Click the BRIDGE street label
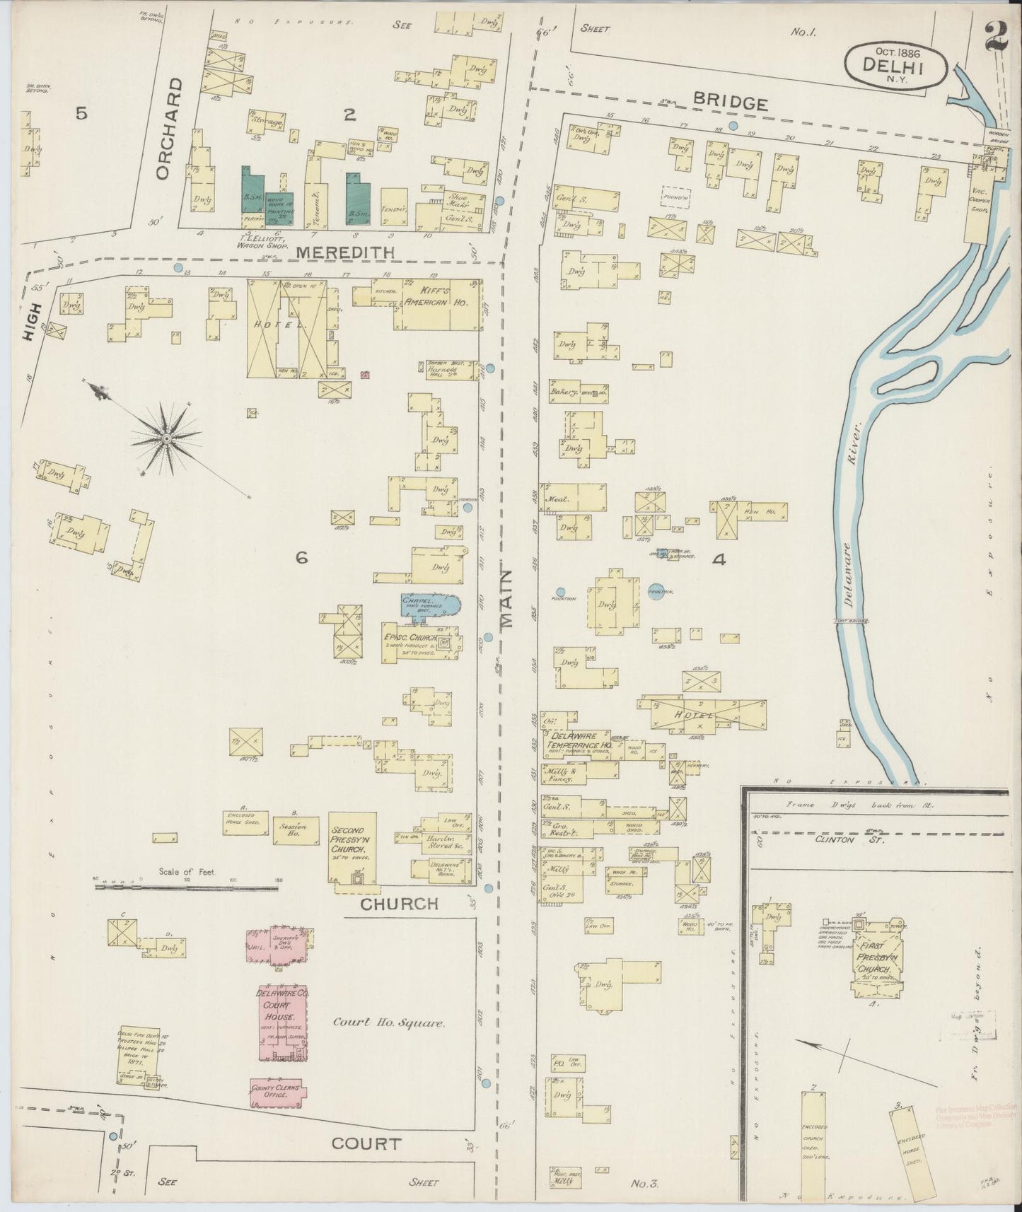(730, 103)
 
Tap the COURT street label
(366, 1143)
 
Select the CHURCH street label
(400, 904)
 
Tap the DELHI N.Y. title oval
(895, 64)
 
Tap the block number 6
(302, 558)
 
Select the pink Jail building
(257, 945)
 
